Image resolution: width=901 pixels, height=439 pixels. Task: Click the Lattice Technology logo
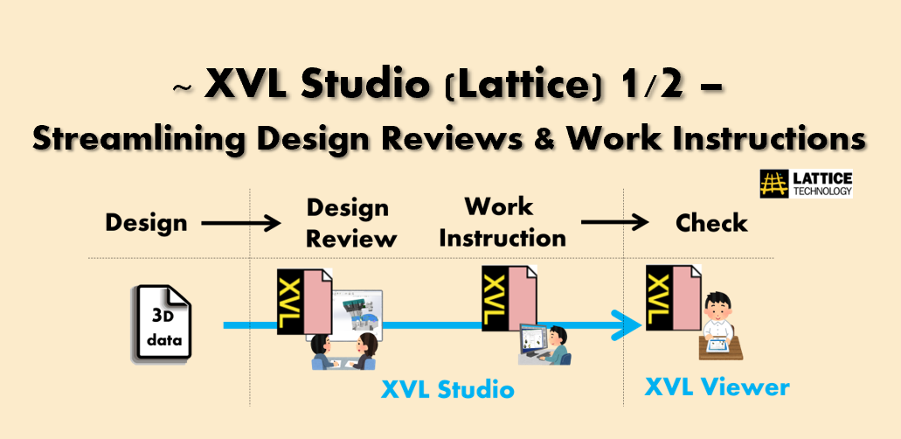(x=806, y=184)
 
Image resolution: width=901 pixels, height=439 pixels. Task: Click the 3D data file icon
(x=163, y=324)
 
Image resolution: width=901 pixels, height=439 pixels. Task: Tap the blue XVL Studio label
(x=447, y=389)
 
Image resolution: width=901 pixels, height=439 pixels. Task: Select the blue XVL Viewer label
(x=717, y=387)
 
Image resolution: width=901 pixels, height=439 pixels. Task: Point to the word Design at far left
(x=147, y=223)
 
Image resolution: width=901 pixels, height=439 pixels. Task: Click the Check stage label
(x=711, y=223)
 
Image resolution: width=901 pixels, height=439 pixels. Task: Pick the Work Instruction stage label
(x=502, y=222)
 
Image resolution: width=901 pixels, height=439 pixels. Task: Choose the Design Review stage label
(x=351, y=223)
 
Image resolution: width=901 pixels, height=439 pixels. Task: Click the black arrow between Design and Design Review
(x=241, y=223)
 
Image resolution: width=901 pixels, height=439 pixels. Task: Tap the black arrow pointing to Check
(x=615, y=223)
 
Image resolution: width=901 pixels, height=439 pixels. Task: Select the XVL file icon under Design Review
(x=304, y=302)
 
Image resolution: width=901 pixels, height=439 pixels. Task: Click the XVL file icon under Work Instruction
(x=509, y=298)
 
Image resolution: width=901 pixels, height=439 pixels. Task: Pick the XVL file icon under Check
(x=674, y=298)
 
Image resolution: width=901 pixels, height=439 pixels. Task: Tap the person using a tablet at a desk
(x=719, y=326)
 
